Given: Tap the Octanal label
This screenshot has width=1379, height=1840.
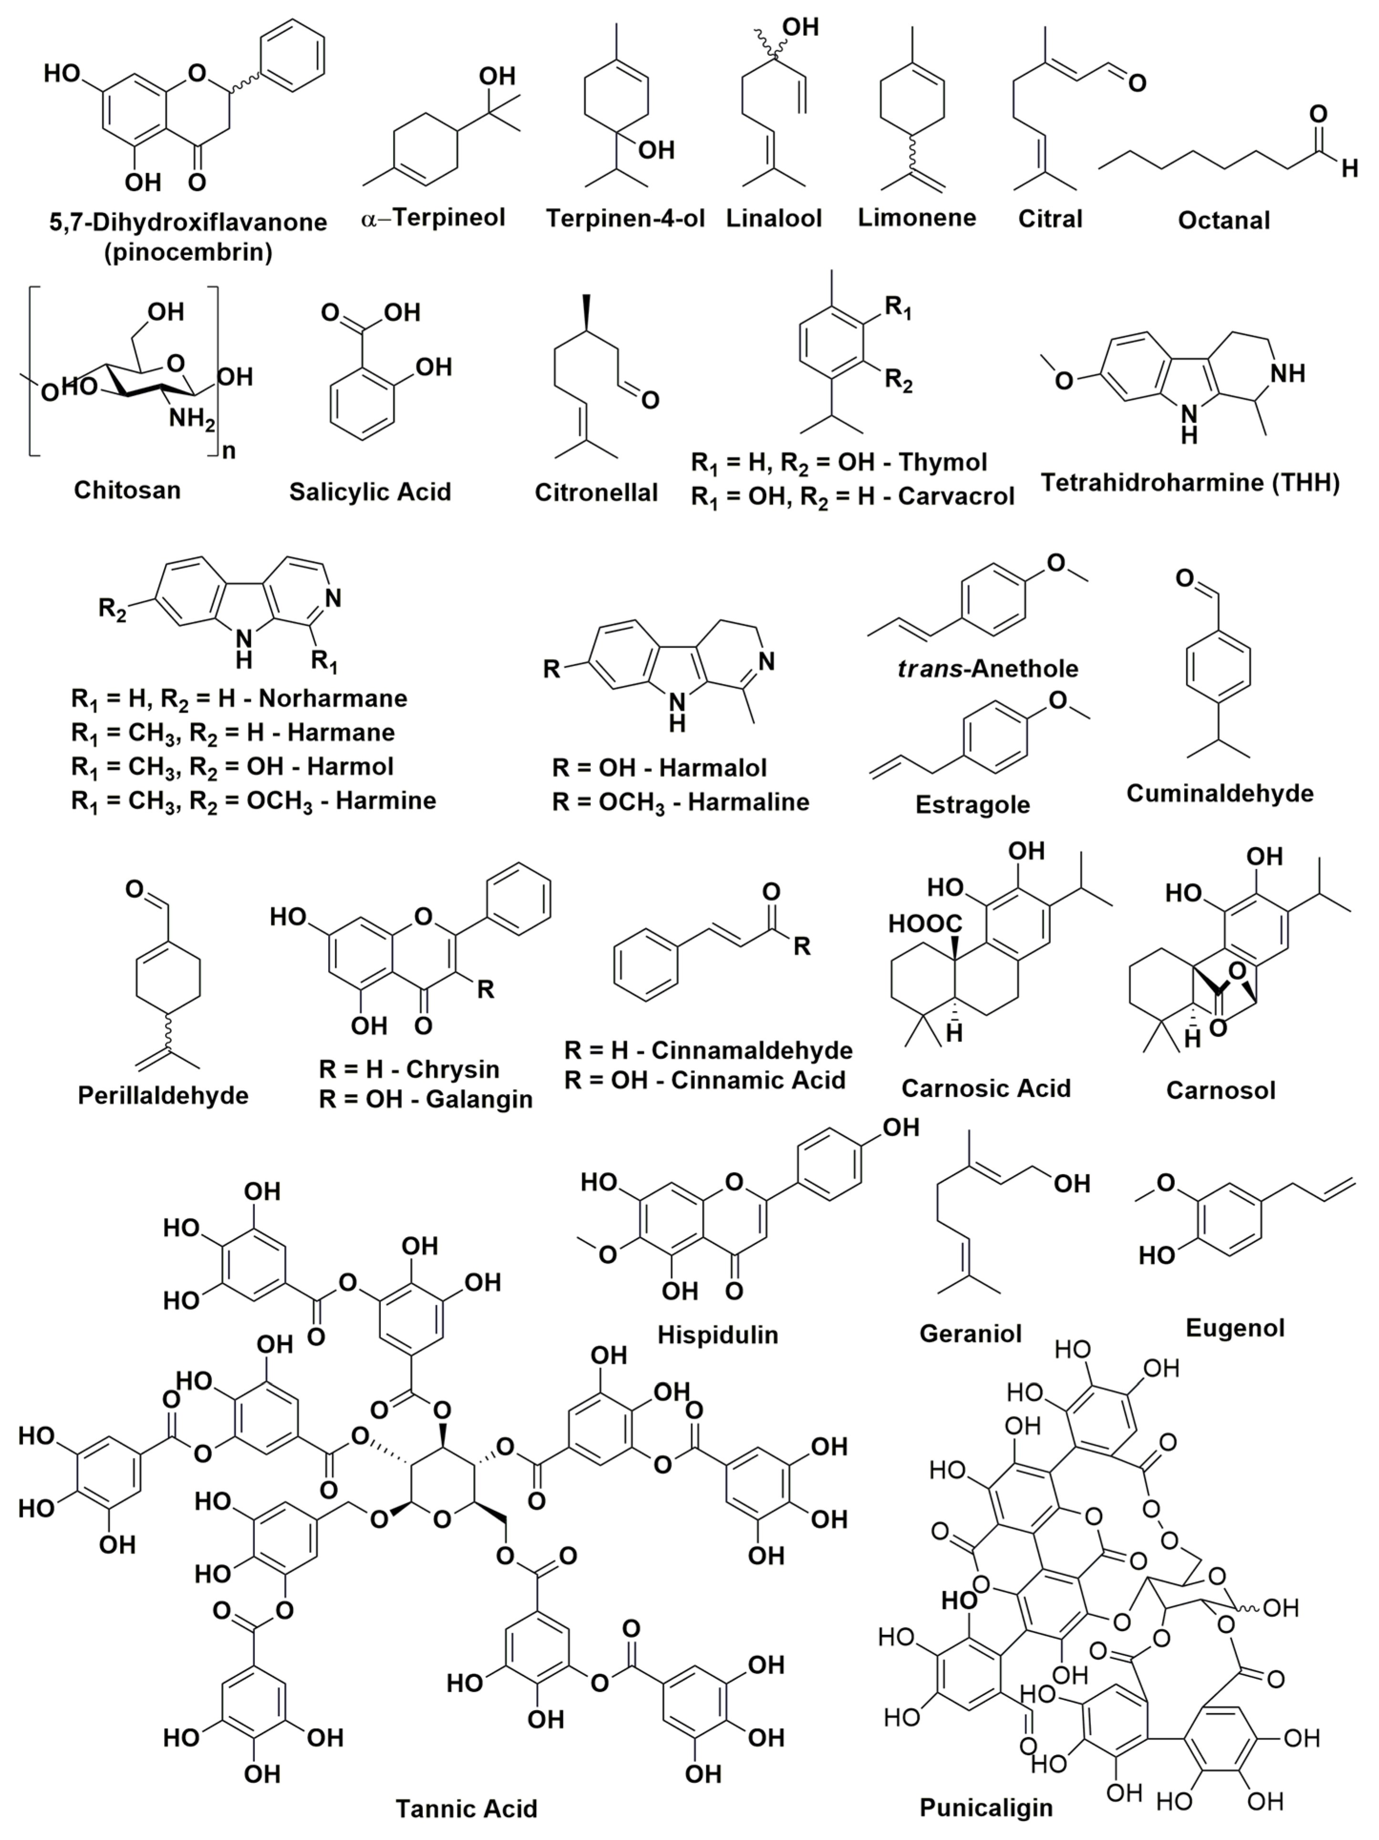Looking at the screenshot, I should click(x=1223, y=220).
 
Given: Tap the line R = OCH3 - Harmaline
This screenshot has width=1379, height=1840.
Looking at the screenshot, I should click(x=680, y=803).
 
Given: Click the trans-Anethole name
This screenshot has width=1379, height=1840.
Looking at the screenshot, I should click(x=987, y=669).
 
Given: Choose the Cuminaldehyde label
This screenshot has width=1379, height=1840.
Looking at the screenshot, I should click(x=1219, y=793).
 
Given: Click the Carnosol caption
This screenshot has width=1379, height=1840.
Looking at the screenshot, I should click(x=1220, y=1090).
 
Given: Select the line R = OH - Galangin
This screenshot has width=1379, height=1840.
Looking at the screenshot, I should click(x=425, y=1100).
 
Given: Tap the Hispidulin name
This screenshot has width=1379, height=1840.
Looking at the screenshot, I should click(x=717, y=1334).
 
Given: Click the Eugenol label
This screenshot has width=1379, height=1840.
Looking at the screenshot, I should click(x=1235, y=1328).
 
